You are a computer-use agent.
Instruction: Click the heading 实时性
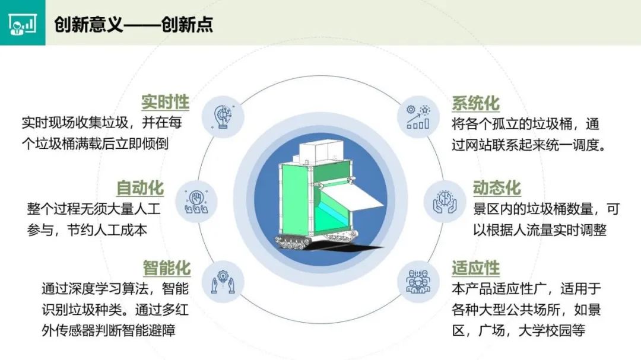pyautogui.click(x=165, y=102)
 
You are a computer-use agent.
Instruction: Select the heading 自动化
pyautogui.click(x=140, y=187)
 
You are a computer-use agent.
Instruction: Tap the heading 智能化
pyautogui.click(x=166, y=268)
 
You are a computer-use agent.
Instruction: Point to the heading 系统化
pyautogui.click(x=475, y=103)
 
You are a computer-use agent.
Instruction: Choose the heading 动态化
pyautogui.click(x=497, y=187)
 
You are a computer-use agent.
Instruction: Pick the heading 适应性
pyautogui.click(x=475, y=268)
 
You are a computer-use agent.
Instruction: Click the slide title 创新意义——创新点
pyautogui.click(x=134, y=24)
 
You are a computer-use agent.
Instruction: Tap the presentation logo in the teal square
pyautogui.click(x=23, y=23)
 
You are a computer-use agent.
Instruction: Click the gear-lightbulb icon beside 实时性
pyautogui.click(x=223, y=117)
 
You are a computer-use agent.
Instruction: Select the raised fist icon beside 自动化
pyautogui.click(x=196, y=202)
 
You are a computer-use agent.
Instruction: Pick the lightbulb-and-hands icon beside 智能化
pyautogui.click(x=223, y=282)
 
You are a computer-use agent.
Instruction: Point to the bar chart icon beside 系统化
pyautogui.click(x=418, y=117)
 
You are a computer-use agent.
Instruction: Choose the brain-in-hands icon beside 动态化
pyautogui.click(x=445, y=202)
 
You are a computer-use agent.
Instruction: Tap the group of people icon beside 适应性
pyautogui.click(x=418, y=282)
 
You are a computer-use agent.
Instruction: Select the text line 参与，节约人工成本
pyautogui.click(x=87, y=230)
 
